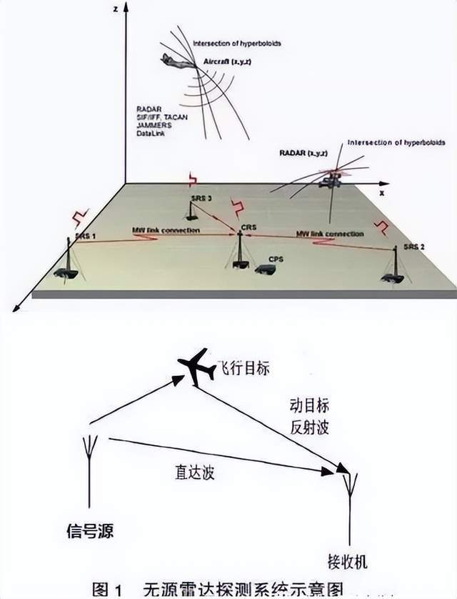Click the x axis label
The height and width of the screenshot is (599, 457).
[x=382, y=193]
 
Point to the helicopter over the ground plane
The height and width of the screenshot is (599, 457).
[x=331, y=179]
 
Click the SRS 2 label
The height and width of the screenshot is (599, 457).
[x=413, y=246]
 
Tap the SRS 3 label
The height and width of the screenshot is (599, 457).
[x=202, y=197]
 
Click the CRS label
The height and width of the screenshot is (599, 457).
[x=248, y=227]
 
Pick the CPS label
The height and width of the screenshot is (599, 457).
[x=276, y=259]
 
